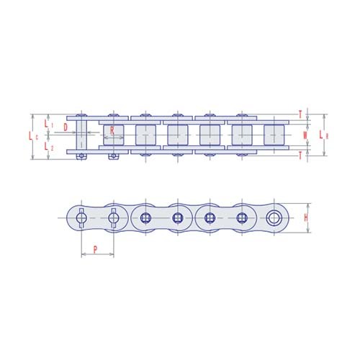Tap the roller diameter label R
[113, 130]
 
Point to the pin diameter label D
[66, 127]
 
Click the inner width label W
[305, 135]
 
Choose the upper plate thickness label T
[300, 112]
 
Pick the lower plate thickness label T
[300, 156]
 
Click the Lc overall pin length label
[31, 135]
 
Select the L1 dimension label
[48, 124]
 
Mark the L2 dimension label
[48, 146]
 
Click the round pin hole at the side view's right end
[274, 217]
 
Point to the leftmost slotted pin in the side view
[81, 217]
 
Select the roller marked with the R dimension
[114, 135]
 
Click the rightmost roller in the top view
[274, 135]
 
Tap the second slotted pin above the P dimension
[114, 217]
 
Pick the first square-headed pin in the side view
[146, 217]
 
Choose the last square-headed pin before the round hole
[242, 217]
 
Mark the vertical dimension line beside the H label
[310, 217]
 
